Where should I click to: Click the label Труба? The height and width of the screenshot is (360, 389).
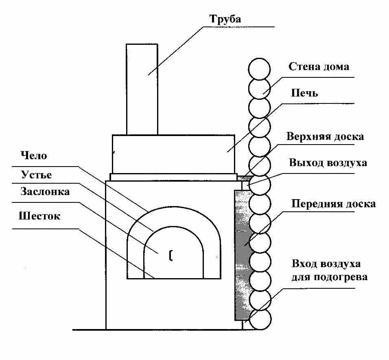tap(225, 19)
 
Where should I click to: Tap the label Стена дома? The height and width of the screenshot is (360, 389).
tap(319, 67)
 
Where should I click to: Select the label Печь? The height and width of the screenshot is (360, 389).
tap(304, 93)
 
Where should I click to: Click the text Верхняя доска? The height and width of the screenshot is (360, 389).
tap(325, 136)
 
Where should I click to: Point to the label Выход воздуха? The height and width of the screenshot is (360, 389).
tap(328, 163)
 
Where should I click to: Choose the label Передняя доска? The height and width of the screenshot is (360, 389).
tap(333, 204)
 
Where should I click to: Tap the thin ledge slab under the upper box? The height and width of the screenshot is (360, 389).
tap(173, 177)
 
